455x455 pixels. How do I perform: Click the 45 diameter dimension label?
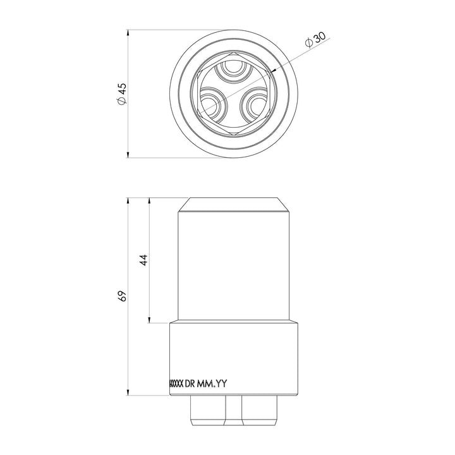pyautogui.click(x=123, y=93)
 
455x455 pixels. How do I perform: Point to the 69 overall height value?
pyautogui.click(x=123, y=296)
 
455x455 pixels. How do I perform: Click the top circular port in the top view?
pyautogui.click(x=234, y=71)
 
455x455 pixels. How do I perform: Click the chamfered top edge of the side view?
pyautogui.click(x=234, y=205)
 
